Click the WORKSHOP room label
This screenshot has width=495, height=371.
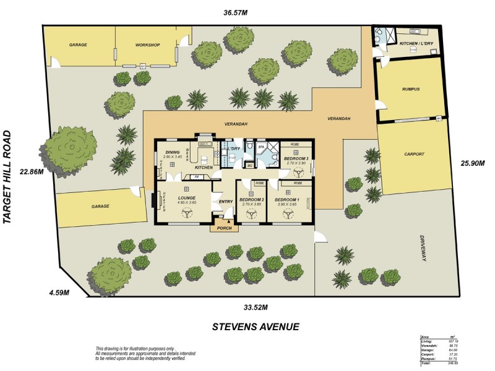click(148, 45)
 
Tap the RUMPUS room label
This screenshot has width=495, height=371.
click(410, 90)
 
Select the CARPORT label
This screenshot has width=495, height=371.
click(415, 155)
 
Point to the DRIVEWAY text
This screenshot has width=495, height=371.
click(424, 247)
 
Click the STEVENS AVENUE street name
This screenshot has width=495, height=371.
click(256, 326)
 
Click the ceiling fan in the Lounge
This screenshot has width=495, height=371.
click(186, 211)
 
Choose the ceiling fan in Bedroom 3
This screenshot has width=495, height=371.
click(295, 169)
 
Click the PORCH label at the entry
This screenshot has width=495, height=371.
click(224, 228)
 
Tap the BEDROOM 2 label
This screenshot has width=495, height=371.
click(252, 200)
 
